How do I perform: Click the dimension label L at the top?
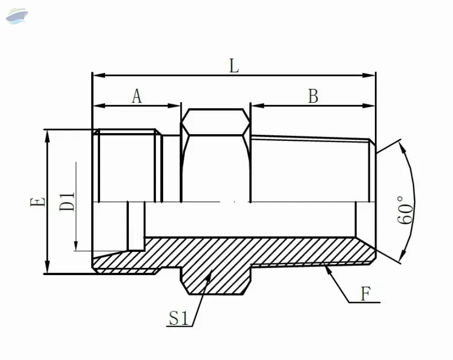(234, 66)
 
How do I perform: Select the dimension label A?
(137, 96)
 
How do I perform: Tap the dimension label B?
(313, 96)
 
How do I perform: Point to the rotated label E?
(38, 202)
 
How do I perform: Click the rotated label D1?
(67, 202)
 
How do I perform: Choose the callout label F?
(365, 294)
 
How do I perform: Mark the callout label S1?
(178, 318)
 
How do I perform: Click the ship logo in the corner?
(17, 16)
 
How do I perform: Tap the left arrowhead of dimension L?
(98, 75)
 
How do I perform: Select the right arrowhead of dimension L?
(369, 75)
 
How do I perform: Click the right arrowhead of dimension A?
(174, 106)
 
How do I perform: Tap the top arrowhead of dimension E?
(47, 136)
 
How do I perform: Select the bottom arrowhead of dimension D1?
(75, 246)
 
